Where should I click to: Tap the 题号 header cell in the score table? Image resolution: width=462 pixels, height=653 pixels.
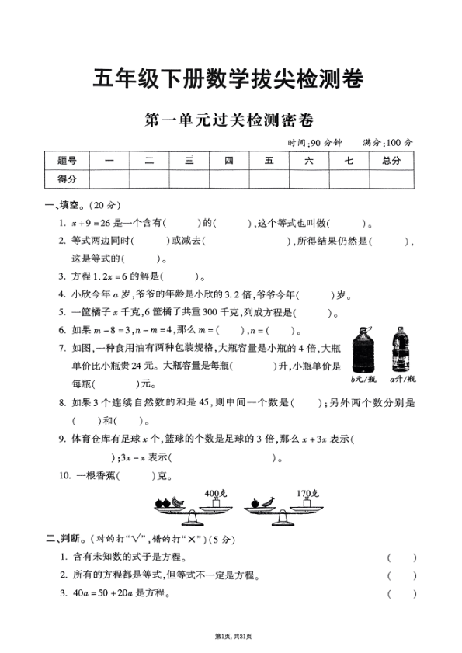pos(68,161)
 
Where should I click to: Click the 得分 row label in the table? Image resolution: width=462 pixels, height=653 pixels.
pos(68,179)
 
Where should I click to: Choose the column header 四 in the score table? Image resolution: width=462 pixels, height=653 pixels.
pos(229,161)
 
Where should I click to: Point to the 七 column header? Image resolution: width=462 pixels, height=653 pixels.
pos(349,161)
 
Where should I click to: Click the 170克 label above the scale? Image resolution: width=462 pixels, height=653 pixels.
pos(304,493)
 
